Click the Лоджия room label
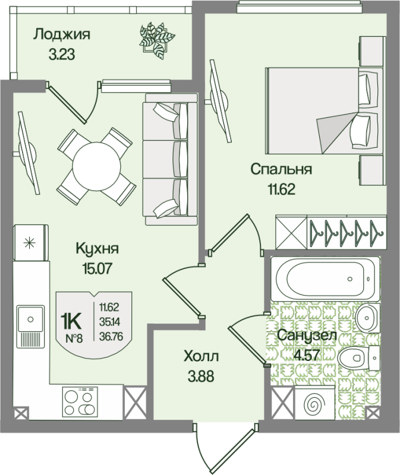[x=61, y=34]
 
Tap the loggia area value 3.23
[x=61, y=56]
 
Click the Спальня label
[x=281, y=170]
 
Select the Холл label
[x=201, y=356]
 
